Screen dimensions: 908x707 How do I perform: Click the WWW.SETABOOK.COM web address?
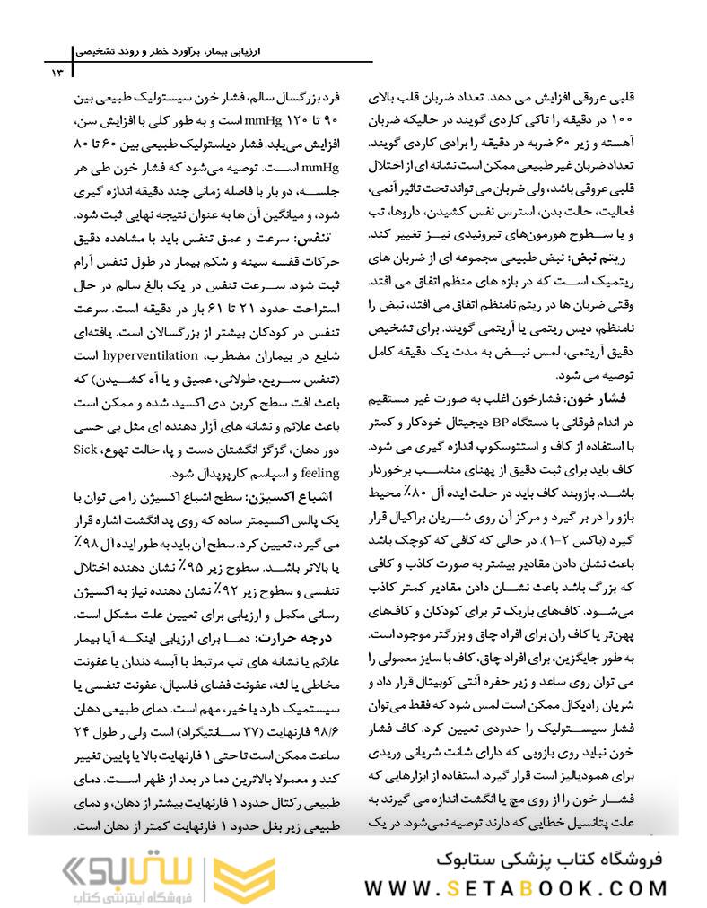[515, 887]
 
